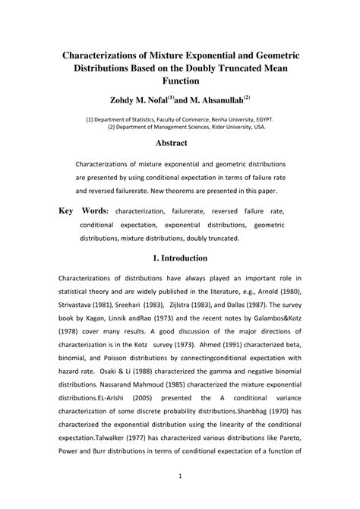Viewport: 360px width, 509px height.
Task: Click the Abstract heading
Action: click(180, 142)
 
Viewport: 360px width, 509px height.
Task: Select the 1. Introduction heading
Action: click(180, 258)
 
